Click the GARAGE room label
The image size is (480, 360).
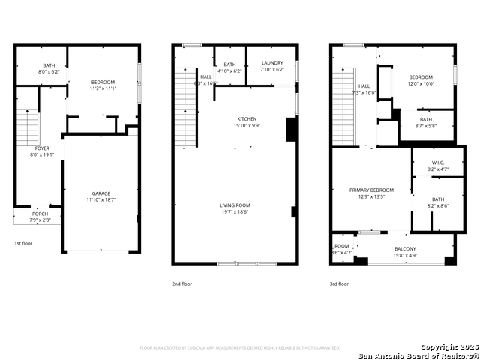tap(101, 193)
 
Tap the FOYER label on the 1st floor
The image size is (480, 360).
tap(42, 148)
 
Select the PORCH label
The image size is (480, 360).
tap(40, 214)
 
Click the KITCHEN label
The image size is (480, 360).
tap(247, 119)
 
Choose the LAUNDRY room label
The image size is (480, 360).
tap(272, 64)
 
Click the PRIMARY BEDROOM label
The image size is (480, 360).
tap(371, 190)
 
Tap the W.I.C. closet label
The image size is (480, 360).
tap(438, 163)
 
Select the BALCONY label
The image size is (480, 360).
tap(405, 248)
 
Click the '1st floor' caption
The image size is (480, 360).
tap(23, 243)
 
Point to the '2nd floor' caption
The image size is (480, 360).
tap(181, 283)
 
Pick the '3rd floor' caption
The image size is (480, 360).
tap(339, 283)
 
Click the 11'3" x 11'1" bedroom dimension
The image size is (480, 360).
tap(103, 88)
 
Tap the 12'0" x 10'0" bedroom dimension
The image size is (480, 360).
tap(420, 83)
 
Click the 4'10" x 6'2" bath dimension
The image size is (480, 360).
tap(229, 71)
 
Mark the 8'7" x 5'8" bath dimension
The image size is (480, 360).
tap(425, 126)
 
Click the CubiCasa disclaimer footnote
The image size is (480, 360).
tap(240, 347)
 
